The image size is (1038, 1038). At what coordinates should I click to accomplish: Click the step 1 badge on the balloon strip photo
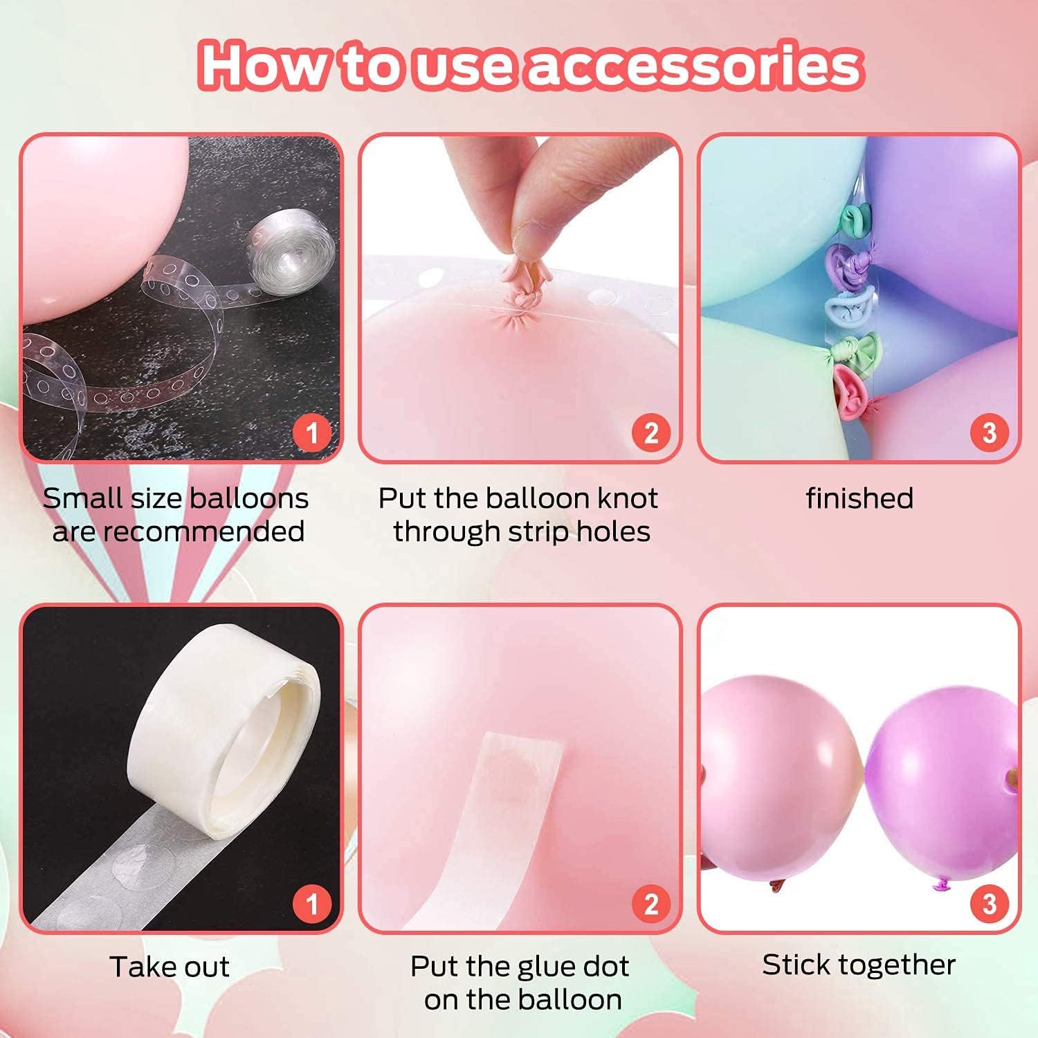[311, 432]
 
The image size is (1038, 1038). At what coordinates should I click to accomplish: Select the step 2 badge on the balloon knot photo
[651, 432]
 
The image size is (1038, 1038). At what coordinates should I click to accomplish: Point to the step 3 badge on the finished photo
[990, 432]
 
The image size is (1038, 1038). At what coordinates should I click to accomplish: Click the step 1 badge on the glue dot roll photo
[311, 903]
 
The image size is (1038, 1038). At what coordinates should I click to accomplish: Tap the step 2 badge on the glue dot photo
[651, 903]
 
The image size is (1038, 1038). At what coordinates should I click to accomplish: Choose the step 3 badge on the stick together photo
[990, 903]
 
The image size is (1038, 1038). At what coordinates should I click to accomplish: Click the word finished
[859, 498]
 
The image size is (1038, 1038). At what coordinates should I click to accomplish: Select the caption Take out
[170, 967]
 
